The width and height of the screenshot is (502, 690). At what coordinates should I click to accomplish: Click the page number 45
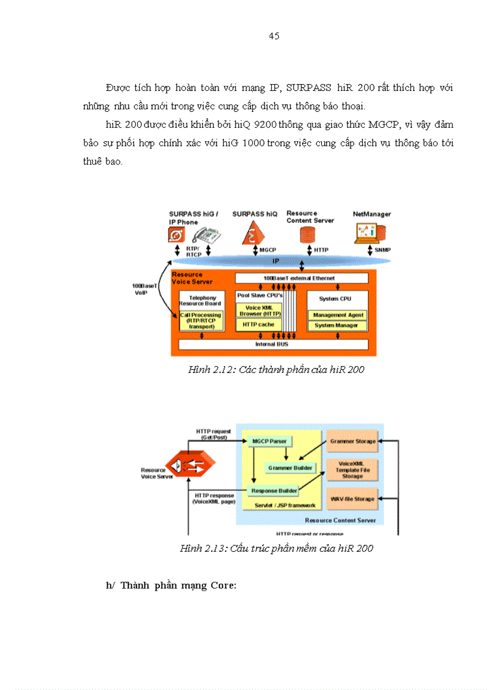274,36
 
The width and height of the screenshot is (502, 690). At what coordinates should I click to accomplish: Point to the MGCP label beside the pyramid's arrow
268,250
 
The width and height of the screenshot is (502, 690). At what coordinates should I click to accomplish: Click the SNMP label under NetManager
383,250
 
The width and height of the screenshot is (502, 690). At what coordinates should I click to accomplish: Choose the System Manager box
337,325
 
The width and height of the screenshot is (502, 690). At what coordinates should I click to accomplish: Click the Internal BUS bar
274,344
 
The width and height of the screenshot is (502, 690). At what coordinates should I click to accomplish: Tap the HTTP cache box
258,324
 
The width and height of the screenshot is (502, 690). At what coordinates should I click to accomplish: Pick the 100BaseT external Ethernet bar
301,278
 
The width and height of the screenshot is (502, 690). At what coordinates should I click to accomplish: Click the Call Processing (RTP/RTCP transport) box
200,321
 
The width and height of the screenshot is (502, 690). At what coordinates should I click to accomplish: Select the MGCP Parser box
269,441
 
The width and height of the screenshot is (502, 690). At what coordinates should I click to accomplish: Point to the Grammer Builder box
290,468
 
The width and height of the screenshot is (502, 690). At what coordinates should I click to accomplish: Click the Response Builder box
274,490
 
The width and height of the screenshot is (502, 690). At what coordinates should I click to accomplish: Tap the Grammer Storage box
351,441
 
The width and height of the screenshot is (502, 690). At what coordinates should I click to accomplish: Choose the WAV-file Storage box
351,499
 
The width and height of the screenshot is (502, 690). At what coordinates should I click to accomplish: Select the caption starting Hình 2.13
276,548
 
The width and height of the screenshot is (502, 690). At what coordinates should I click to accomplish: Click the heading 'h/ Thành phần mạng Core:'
171,585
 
